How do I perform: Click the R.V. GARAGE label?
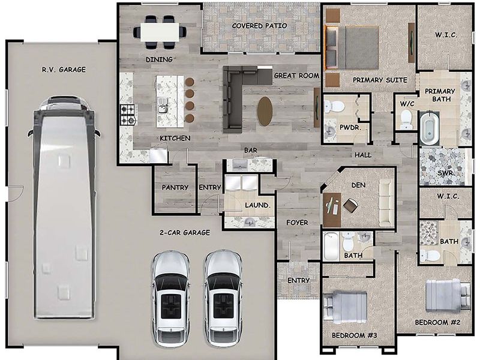pos(64,70)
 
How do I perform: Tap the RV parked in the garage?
pos(64,207)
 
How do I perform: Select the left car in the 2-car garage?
pos(170,298)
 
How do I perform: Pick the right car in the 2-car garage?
pos(223,298)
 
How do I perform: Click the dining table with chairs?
pos(160,31)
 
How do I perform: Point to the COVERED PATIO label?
pos(259,26)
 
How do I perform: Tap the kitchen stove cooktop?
pos(128,115)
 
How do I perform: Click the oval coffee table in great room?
pos(265,111)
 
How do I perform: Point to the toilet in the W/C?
pos(406,118)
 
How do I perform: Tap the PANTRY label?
pos(175,187)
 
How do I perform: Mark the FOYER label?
pos(297,223)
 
